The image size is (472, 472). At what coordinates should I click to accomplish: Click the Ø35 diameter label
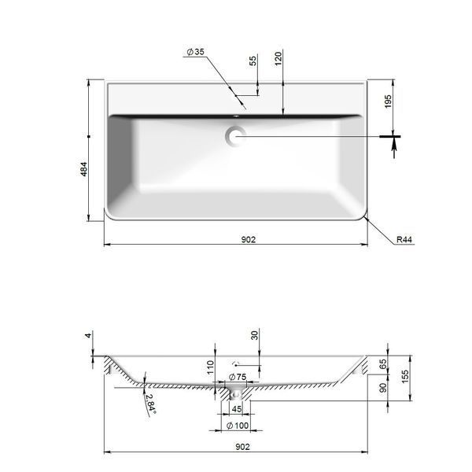pos(196,52)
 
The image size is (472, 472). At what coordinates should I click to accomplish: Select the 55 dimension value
pos(253,61)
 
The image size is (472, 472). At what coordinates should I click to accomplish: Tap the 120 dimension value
pos(278,59)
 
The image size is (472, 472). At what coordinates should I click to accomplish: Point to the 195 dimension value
pos(389,101)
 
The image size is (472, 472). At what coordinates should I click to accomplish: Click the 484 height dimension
pos(83,169)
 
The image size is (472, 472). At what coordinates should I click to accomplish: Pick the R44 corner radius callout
pos(404,240)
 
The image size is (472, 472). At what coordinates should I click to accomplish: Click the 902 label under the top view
pos(249,240)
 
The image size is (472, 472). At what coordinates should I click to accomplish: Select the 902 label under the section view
pos(242,447)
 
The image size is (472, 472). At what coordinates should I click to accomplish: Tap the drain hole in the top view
pos(236,136)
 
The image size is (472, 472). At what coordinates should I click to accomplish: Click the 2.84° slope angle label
pos(150,404)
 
